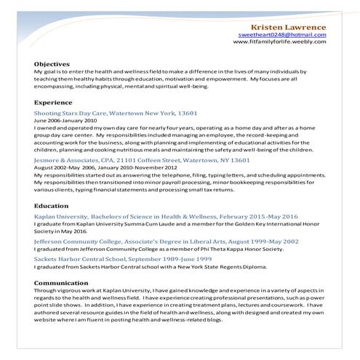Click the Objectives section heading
click(52, 64)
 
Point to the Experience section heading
click(53, 103)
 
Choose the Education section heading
click(51, 207)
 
